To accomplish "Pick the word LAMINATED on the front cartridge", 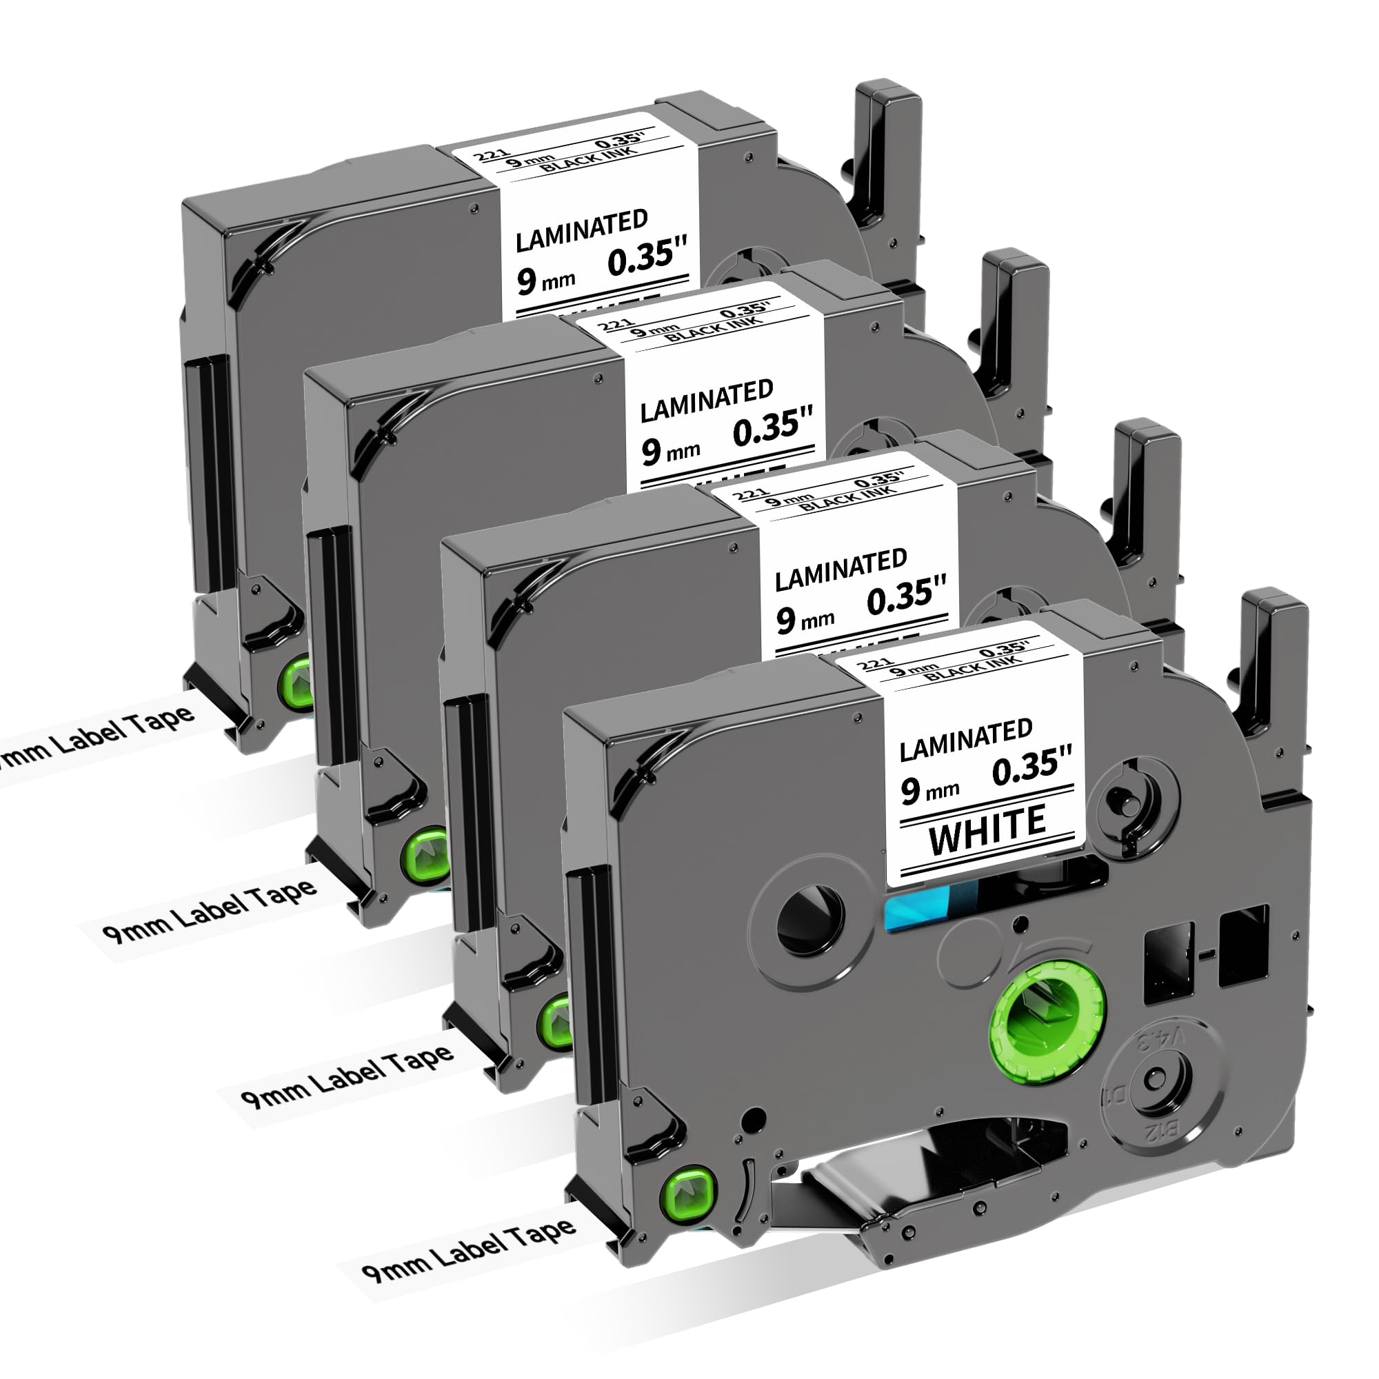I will tap(966, 739).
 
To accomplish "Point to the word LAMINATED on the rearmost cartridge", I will tap(581, 230).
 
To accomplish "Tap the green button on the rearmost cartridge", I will tap(299, 683).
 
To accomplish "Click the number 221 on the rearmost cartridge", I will tap(490, 155).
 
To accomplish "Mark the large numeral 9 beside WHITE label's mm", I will tap(909, 791).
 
